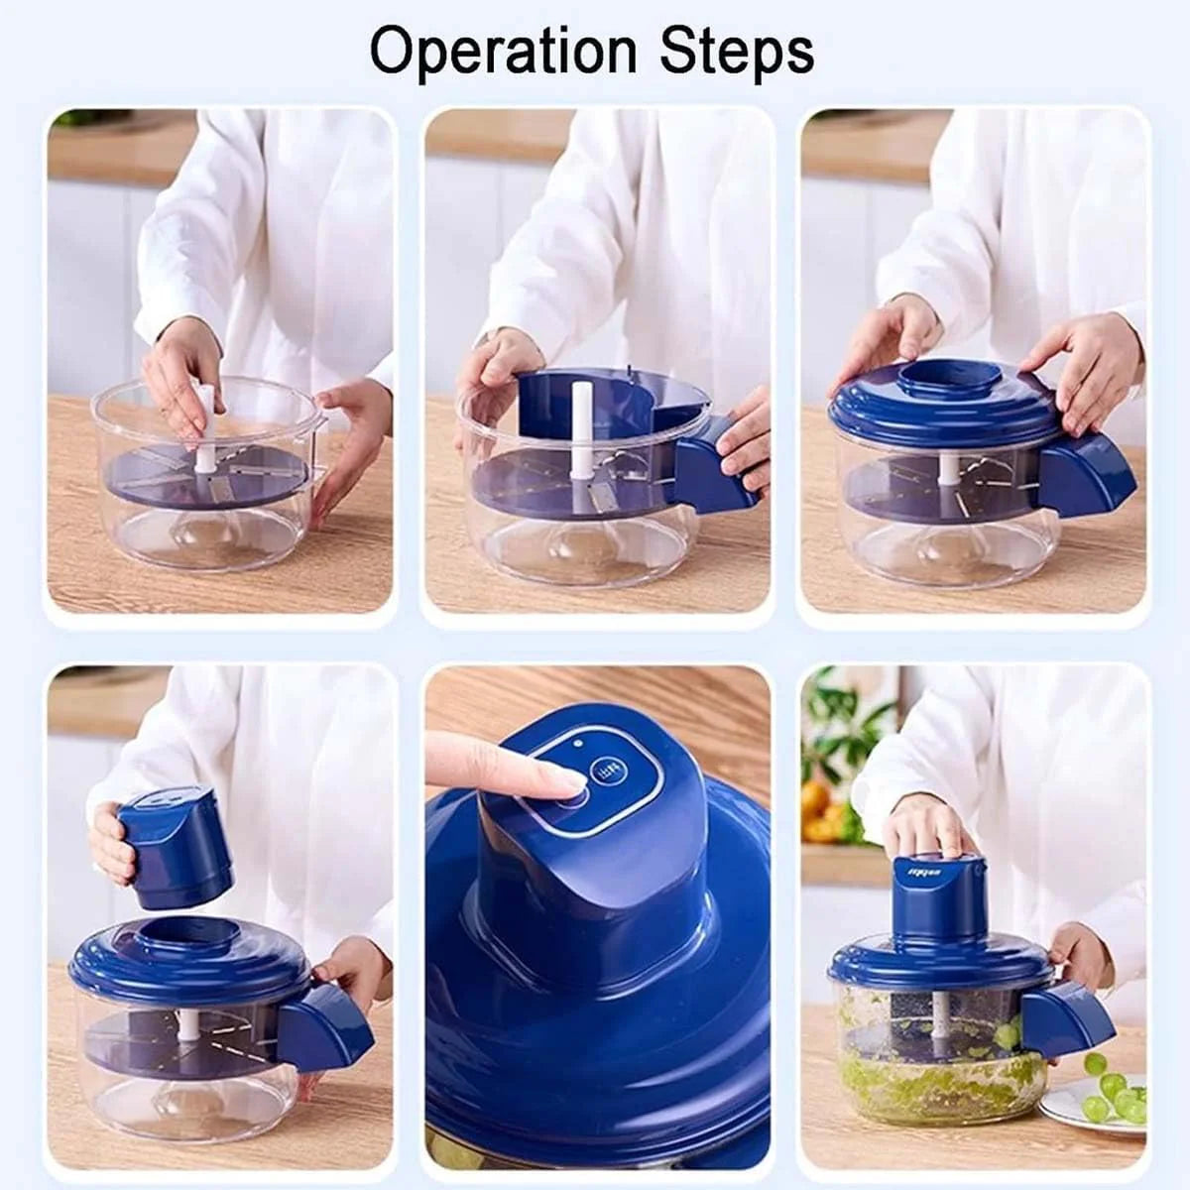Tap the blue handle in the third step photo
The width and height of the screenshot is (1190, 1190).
[1086, 476]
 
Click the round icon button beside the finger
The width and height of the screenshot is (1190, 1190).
[606, 771]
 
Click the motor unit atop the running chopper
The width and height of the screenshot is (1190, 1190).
[938, 898]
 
